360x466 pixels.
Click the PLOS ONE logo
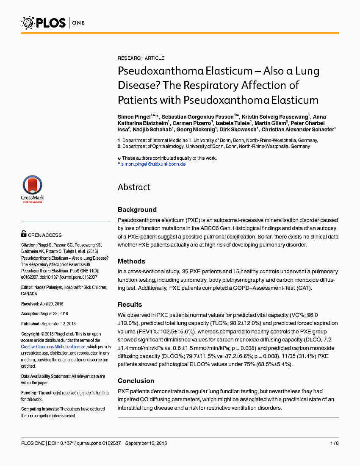pyautogui.click(x=53, y=22)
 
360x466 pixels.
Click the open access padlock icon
pyautogui.click(x=24, y=234)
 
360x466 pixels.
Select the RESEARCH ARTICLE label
pyautogui.click(x=141, y=58)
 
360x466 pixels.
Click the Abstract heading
pyautogui.click(x=134, y=187)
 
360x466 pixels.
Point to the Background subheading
pyautogui.click(x=137, y=210)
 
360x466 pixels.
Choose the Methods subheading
pyautogui.click(x=131, y=261)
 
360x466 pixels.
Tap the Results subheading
pyautogui.click(x=130, y=305)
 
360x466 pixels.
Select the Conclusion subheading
pyautogui.click(x=136, y=381)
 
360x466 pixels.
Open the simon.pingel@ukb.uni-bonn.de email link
pyautogui.click(x=153, y=164)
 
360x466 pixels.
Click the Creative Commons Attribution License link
pyautogui.click(x=54, y=347)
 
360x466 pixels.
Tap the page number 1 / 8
pyautogui.click(x=334, y=443)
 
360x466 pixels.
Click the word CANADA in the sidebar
pyautogui.click(x=29, y=294)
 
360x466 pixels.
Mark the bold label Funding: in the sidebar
pyautogui.click(x=29, y=393)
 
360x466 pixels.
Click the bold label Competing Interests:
pyautogui.click(x=40, y=409)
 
